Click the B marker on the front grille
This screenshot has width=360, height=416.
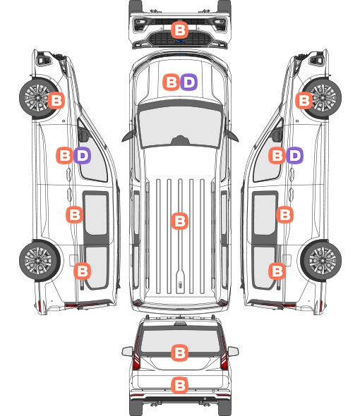point(180,30)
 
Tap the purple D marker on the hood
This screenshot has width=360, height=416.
point(189,82)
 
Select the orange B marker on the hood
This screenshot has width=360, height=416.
point(171,82)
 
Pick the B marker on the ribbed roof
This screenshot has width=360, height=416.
point(180,221)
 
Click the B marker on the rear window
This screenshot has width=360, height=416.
point(180,353)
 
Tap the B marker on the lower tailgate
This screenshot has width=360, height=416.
point(180,385)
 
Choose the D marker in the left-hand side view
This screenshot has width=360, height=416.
point(83,155)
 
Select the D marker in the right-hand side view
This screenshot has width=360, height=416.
point(294,155)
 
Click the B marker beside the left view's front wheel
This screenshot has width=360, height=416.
point(56,101)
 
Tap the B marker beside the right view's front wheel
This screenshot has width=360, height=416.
point(304,101)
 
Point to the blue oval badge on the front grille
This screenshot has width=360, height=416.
point(180,41)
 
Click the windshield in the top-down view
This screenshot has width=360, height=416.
point(180,126)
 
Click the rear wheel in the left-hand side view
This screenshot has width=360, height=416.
point(40,260)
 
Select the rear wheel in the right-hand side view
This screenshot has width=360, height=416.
point(321,260)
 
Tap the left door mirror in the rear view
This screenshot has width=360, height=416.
point(127,352)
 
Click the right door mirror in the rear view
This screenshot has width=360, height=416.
point(233,352)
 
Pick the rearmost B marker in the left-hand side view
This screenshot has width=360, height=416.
point(82,271)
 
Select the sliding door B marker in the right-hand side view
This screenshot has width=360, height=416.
point(284,214)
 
